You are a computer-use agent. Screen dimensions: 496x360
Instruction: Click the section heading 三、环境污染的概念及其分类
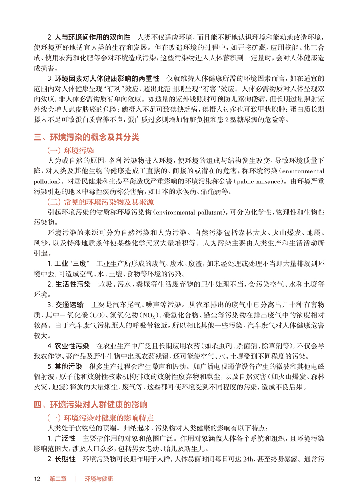(x=87, y=137)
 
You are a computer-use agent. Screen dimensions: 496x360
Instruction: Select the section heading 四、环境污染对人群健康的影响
(x=91, y=404)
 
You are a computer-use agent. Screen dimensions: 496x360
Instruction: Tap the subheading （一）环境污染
(x=70, y=151)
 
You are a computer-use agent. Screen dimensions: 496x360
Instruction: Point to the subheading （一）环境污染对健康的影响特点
(x=100, y=418)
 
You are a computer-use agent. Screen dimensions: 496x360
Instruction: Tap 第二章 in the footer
(x=58, y=478)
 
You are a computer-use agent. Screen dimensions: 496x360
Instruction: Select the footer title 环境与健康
(x=99, y=478)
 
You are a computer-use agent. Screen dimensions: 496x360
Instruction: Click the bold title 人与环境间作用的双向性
(x=92, y=37)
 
